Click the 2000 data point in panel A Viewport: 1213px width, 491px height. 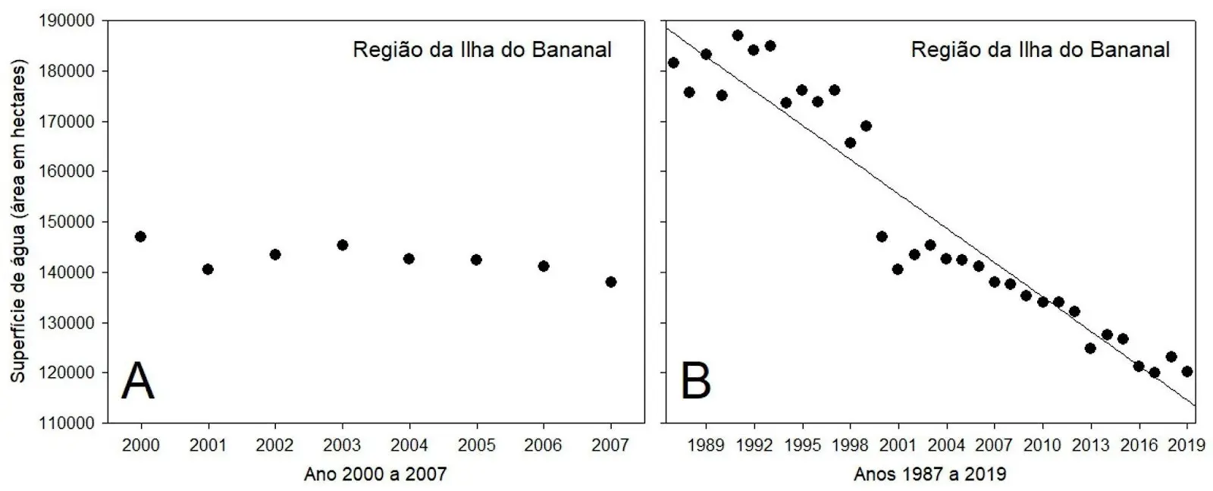(140, 236)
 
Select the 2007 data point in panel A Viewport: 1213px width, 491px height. (611, 282)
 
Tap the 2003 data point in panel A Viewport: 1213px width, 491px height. (342, 244)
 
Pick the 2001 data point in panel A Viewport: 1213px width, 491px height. (208, 269)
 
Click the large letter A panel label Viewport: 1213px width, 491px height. (137, 381)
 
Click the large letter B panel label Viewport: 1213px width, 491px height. (696, 381)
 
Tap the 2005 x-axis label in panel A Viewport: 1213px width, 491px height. (476, 445)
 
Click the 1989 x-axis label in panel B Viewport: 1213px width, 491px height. (706, 445)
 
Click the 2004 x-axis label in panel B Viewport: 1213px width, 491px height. (946, 445)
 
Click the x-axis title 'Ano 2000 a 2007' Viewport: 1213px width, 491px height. (375, 475)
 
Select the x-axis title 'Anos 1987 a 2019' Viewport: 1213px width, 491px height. (929, 475)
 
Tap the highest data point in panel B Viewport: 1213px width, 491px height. (738, 35)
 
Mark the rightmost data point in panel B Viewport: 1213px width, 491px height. (1187, 371)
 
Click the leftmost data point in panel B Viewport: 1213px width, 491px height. (673, 62)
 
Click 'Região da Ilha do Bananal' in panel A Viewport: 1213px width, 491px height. (482, 50)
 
